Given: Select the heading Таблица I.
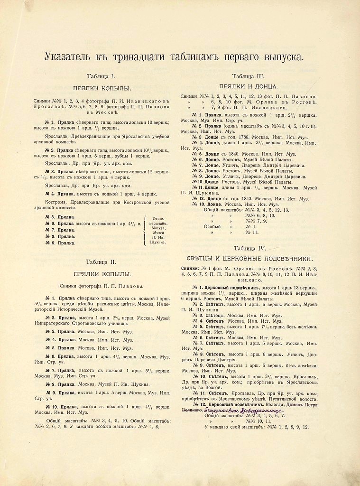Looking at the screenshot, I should point(101,76).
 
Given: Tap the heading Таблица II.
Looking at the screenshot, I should point(101,262).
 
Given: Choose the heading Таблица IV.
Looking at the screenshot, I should point(249,248).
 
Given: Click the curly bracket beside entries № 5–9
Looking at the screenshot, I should point(144,230).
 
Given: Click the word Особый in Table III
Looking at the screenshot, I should point(212,226).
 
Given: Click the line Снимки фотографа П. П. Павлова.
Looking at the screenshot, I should point(101,286).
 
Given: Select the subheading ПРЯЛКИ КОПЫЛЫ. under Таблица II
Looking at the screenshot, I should point(102,274).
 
